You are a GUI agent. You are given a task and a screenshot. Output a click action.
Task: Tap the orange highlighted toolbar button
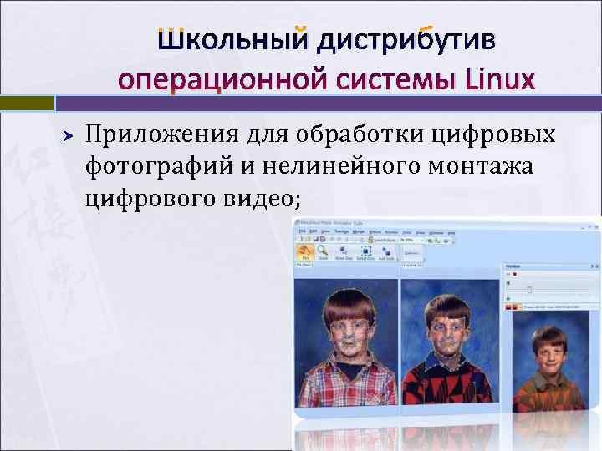coord(306,251)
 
